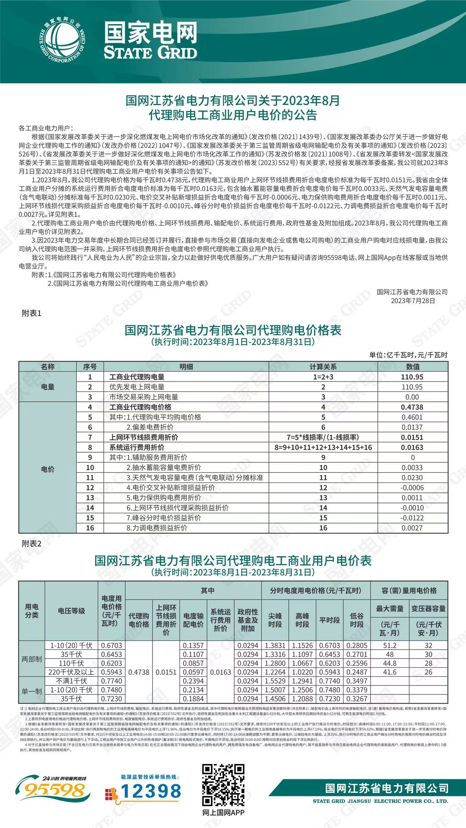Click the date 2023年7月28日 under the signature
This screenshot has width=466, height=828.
click(x=413, y=301)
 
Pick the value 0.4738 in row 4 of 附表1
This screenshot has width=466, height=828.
click(x=412, y=407)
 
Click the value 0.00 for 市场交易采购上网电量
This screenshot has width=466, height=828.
click(x=412, y=397)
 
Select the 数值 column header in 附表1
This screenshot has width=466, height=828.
click(x=412, y=367)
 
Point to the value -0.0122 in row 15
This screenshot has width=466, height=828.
click(x=412, y=518)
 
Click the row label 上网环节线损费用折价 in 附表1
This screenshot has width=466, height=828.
click(x=143, y=437)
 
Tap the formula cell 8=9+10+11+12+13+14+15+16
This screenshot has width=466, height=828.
click(x=323, y=448)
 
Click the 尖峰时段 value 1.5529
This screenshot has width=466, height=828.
click(x=275, y=681)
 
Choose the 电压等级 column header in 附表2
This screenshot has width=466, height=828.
click(x=71, y=611)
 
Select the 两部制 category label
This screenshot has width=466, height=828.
click(x=32, y=659)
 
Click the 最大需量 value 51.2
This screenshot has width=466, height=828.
click(x=390, y=646)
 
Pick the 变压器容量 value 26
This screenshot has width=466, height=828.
click(x=429, y=672)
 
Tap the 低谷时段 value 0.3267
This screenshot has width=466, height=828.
click(x=357, y=699)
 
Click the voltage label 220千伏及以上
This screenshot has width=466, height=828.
click(x=71, y=672)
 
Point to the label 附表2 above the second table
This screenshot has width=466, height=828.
click(x=32, y=544)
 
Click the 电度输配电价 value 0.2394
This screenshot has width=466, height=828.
click(x=193, y=681)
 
